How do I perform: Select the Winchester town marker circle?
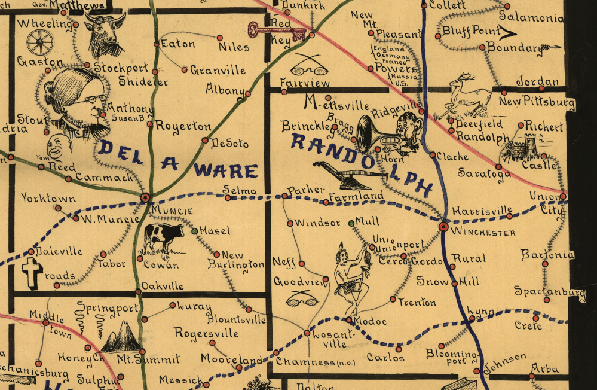tap(443, 227)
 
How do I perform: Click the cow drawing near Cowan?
tap(163, 236)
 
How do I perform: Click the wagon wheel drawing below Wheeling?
tap(40, 42)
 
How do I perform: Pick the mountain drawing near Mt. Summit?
tap(121, 337)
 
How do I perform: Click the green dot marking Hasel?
tap(195, 231)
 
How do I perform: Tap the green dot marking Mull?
tap(351, 223)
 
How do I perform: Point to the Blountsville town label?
tap(238, 319)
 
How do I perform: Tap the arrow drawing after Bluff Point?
tap(510, 32)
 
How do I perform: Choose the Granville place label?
tap(218, 71)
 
